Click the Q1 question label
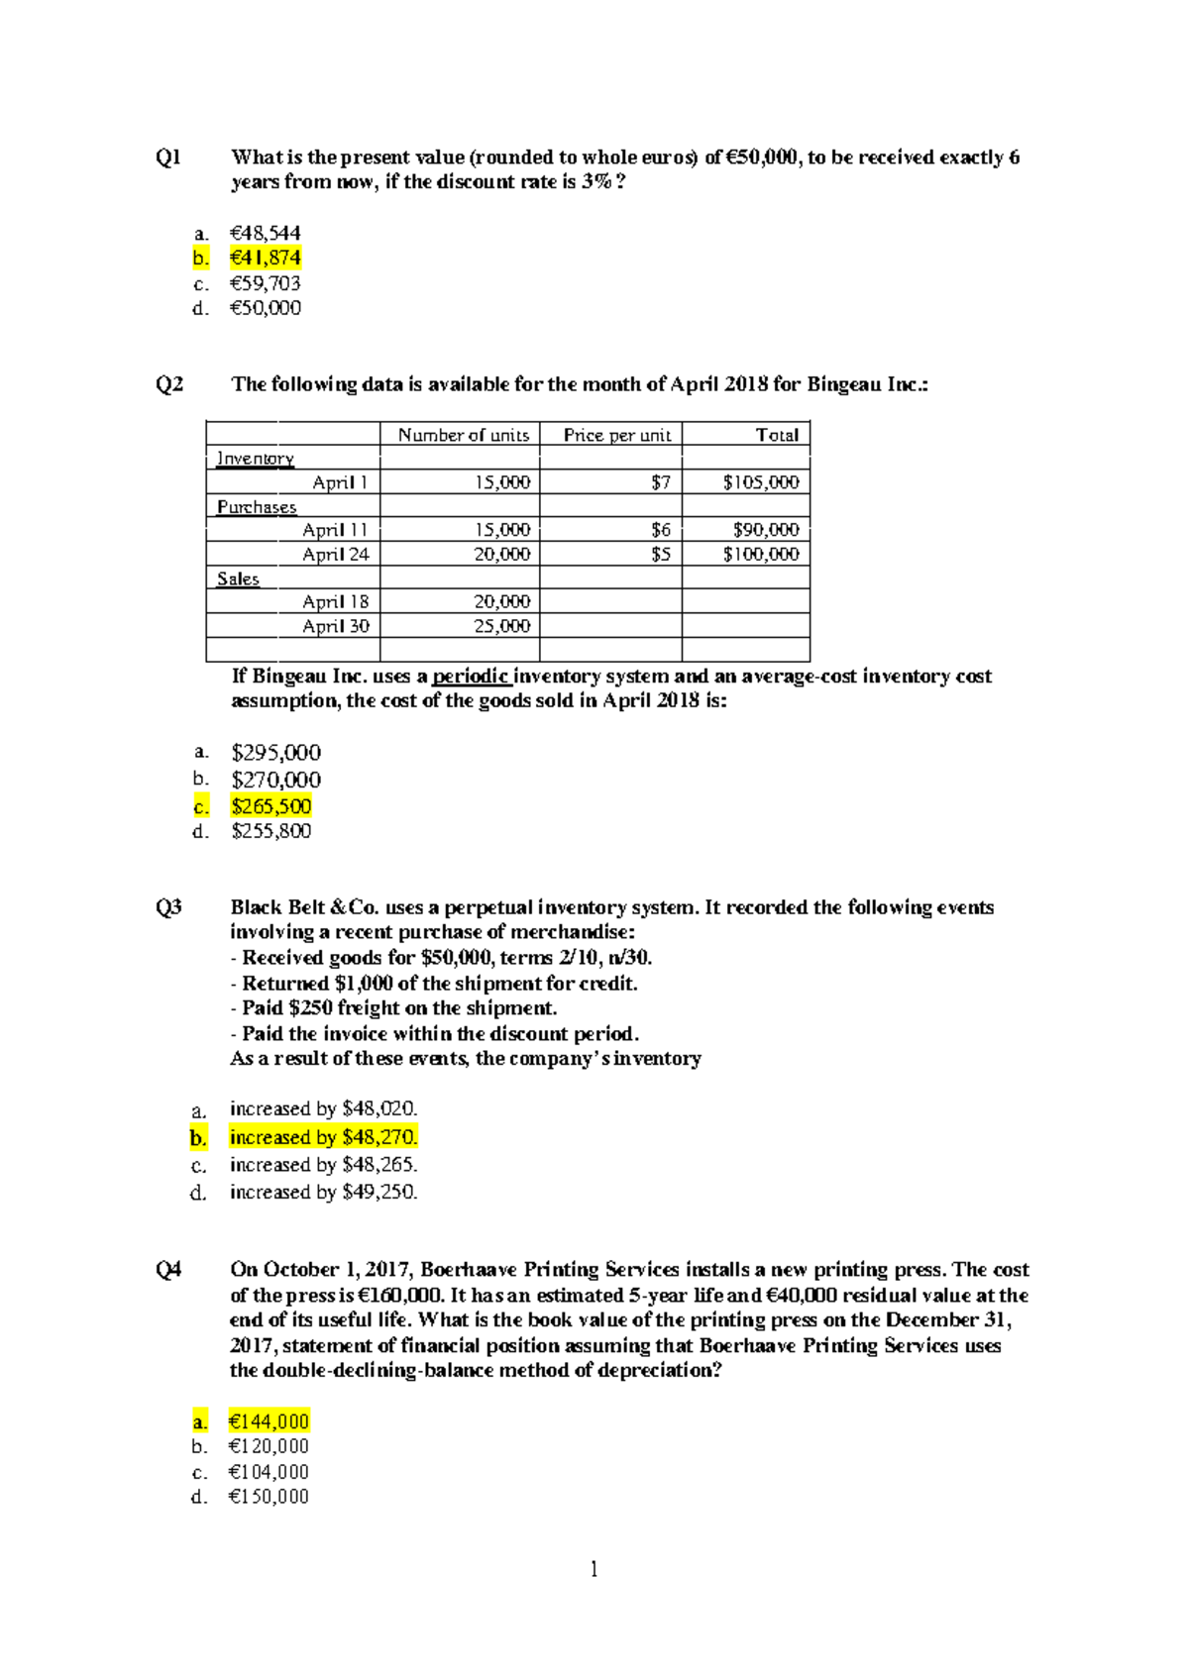click(x=168, y=157)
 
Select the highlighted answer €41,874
click(x=265, y=259)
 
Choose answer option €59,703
click(x=265, y=283)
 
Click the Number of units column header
click(x=463, y=435)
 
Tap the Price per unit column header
click(x=616, y=435)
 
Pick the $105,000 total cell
click(x=760, y=482)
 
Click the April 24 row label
click(x=335, y=555)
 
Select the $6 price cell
click(x=660, y=530)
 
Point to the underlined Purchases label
click(x=257, y=507)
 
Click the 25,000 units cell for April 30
click(x=501, y=626)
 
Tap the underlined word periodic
click(x=471, y=677)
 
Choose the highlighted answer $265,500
click(x=270, y=806)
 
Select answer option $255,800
click(x=270, y=831)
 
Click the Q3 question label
click(x=168, y=907)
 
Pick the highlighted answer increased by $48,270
click(x=323, y=1137)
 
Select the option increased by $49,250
click(x=323, y=1193)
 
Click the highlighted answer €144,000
click(x=269, y=1422)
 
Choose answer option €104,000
click(x=269, y=1472)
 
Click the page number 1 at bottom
click(x=594, y=1569)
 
